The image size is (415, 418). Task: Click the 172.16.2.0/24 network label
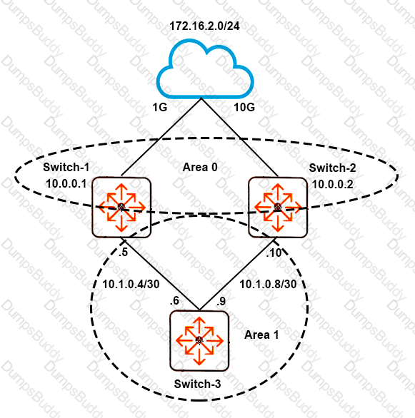click(204, 26)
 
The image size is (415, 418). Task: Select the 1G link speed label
click(159, 107)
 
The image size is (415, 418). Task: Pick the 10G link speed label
click(244, 107)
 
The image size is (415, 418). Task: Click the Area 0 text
click(200, 167)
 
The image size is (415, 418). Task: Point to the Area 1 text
click(261, 335)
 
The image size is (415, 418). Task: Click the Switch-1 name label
click(66, 167)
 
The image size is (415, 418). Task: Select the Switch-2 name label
click(332, 168)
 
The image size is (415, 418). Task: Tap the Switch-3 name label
click(197, 384)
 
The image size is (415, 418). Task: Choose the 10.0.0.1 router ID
click(66, 183)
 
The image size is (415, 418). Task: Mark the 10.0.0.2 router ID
click(333, 184)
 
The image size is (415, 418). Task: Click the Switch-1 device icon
click(121, 207)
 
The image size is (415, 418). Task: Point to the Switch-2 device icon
click(278, 207)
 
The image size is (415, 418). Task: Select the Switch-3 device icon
click(199, 341)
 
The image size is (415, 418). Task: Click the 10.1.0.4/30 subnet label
click(131, 284)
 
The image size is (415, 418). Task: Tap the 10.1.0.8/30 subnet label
click(268, 284)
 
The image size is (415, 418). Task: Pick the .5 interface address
click(124, 253)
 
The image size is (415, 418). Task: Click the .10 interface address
click(274, 253)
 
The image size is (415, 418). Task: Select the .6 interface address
click(174, 301)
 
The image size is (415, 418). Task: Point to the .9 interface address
click(221, 301)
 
